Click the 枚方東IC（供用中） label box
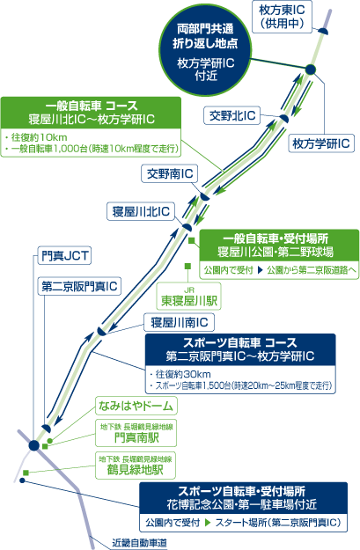[283, 17]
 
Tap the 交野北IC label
[231, 115]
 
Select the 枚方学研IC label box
[321, 143]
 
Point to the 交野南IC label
[170, 173]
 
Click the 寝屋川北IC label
[141, 211]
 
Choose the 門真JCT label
[64, 255]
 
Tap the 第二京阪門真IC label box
[79, 286]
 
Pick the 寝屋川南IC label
[179, 322]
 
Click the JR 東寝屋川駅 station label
[188, 297]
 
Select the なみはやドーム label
[136, 406]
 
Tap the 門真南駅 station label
[136, 433]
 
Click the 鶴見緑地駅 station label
[136, 466]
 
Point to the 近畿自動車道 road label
[139, 543]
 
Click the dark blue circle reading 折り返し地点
[206, 50]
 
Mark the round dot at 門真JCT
[34, 445]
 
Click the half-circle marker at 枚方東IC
[323, 32]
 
